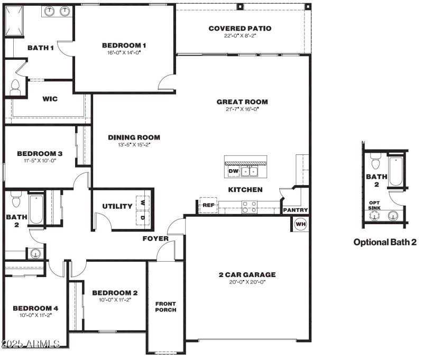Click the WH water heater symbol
(x=300, y=224)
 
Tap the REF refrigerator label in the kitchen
(x=208, y=205)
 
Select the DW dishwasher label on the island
(x=233, y=171)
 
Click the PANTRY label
(x=295, y=210)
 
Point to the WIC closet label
(x=50, y=99)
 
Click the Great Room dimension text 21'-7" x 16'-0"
(x=242, y=109)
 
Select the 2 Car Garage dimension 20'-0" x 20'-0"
(x=247, y=282)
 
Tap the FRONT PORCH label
(x=165, y=307)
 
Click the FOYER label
(x=155, y=238)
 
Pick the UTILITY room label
(x=117, y=206)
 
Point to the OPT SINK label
(x=374, y=205)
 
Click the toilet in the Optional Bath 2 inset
(x=375, y=159)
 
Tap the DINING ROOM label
(x=134, y=137)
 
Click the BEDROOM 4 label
(x=35, y=308)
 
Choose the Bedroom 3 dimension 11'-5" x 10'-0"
(x=40, y=160)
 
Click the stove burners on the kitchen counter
(x=249, y=207)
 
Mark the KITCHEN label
(x=245, y=189)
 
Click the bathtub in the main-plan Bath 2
(x=36, y=210)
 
